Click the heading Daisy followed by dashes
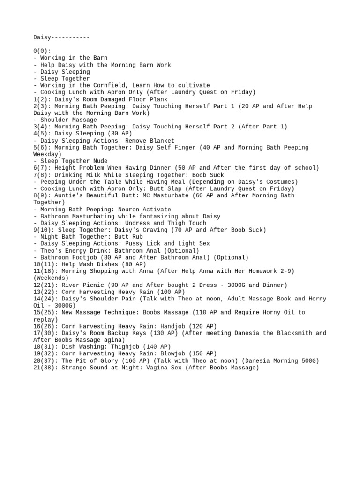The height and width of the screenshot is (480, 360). [61, 37]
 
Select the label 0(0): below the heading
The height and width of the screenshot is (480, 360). [42, 51]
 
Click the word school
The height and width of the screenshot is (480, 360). [306, 168]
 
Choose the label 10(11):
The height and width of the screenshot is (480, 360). [45, 264]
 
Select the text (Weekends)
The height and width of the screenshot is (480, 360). [51, 278]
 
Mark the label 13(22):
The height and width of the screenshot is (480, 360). [45, 292]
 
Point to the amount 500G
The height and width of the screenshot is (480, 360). [310, 361]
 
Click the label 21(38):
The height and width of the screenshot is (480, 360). [45, 368]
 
